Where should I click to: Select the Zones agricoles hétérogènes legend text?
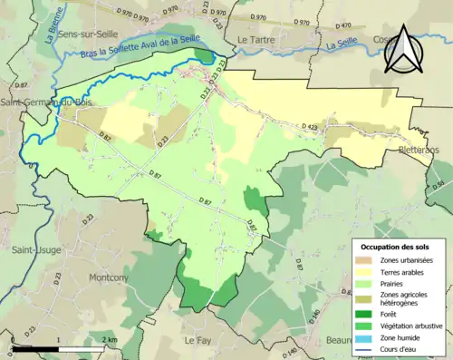409,297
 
